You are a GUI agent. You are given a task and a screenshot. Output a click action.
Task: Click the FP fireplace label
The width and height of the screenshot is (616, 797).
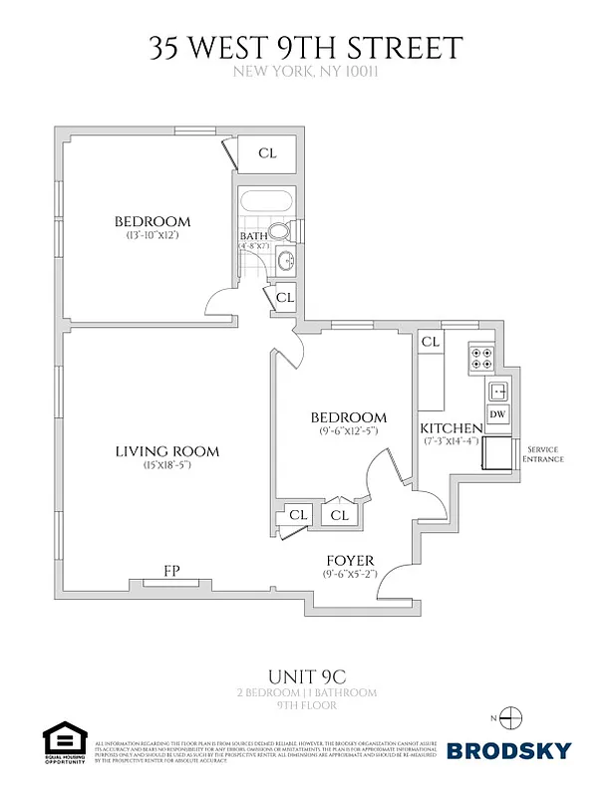(170, 572)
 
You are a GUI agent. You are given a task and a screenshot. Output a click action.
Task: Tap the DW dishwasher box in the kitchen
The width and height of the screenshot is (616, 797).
(495, 414)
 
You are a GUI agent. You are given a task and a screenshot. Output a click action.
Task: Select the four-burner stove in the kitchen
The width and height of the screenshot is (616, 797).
(482, 356)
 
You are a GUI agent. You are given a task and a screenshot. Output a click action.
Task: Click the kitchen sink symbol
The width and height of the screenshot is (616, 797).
(496, 389)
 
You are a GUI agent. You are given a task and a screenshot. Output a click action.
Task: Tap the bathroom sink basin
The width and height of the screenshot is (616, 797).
(285, 262)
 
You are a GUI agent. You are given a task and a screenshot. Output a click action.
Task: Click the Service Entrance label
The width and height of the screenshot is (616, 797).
(544, 453)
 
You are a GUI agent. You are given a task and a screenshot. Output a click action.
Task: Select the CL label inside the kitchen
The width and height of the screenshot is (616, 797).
(431, 342)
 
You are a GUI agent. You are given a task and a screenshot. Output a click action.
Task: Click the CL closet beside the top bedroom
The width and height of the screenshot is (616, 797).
(267, 153)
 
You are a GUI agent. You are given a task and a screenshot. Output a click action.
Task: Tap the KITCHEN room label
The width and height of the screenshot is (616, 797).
(452, 427)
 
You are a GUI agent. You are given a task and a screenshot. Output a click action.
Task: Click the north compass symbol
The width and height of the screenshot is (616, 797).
(510, 717)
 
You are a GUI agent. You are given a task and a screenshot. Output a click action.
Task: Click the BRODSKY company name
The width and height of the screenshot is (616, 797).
(507, 750)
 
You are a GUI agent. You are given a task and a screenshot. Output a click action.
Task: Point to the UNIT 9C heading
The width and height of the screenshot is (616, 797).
(307, 674)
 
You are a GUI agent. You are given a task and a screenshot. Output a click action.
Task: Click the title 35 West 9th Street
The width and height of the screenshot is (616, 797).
(307, 48)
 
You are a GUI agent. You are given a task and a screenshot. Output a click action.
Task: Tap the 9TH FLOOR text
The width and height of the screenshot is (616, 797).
(307, 704)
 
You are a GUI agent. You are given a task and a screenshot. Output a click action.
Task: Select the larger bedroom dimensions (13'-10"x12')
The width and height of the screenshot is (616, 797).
(152, 236)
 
